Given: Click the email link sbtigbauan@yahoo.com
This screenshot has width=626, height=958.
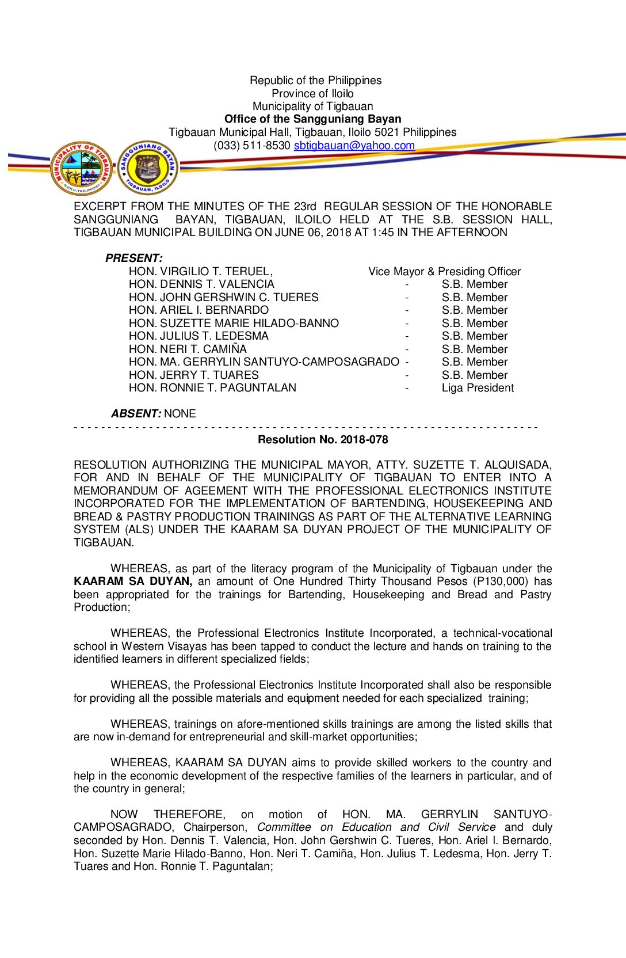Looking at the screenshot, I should [354, 146].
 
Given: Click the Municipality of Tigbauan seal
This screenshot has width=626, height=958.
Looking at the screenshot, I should [82, 168].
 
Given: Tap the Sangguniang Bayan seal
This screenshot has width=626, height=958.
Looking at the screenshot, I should [148, 168].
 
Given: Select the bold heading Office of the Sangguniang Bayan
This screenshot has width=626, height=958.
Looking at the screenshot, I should [312, 119].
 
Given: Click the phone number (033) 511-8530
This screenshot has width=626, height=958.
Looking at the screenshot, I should [251, 146].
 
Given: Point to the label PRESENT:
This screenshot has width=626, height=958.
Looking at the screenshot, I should [134, 258].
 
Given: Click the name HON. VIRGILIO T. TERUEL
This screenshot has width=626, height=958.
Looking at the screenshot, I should [200, 271].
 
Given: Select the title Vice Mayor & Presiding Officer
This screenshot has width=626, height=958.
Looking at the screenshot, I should [444, 271].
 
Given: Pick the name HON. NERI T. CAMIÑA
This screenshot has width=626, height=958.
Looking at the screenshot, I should [188, 349].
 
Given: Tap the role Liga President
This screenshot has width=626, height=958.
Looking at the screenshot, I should [478, 388].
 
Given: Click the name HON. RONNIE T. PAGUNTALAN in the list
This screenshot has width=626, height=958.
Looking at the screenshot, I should [212, 388].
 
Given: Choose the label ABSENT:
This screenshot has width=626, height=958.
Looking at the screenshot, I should [136, 413].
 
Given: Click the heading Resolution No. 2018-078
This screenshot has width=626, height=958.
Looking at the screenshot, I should [323, 439].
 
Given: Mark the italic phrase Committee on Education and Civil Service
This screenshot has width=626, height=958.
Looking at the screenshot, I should [376, 827].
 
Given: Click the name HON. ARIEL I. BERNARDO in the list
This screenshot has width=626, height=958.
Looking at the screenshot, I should [199, 310].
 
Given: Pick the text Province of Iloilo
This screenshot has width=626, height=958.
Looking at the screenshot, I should [312, 93].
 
